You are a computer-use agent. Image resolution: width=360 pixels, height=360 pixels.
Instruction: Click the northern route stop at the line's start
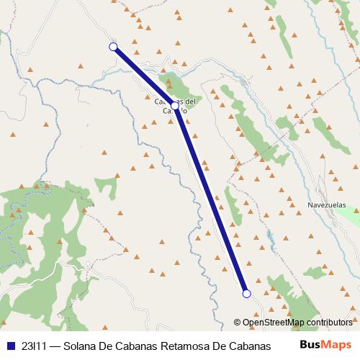113,47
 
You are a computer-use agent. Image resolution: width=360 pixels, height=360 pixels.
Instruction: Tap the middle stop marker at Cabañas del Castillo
175,105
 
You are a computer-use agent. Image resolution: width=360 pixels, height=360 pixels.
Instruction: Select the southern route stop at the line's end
246,293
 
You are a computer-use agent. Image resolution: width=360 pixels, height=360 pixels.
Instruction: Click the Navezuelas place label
326,204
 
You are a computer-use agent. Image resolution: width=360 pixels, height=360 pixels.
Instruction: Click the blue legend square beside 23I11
11,345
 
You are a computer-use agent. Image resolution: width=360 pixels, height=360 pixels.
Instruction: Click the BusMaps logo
325,345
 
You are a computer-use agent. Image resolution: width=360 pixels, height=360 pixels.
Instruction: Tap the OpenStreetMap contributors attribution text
293,322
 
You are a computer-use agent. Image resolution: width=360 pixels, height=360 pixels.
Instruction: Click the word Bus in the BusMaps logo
310,345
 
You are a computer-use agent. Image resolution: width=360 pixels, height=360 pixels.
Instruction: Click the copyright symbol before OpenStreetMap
238,322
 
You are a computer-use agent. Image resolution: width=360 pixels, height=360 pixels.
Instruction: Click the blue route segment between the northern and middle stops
144,76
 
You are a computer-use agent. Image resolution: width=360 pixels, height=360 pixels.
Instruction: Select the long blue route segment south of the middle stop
211,199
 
